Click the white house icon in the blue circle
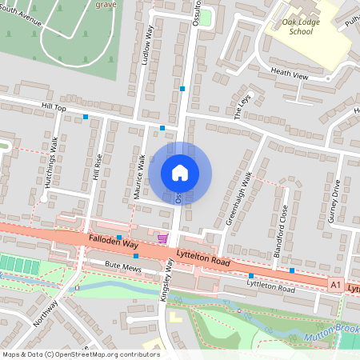[180, 173]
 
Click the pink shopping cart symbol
[163, 238]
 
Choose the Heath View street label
[289, 74]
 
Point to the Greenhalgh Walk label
[238, 197]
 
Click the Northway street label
[47, 314]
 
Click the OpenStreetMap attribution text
[80, 354]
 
